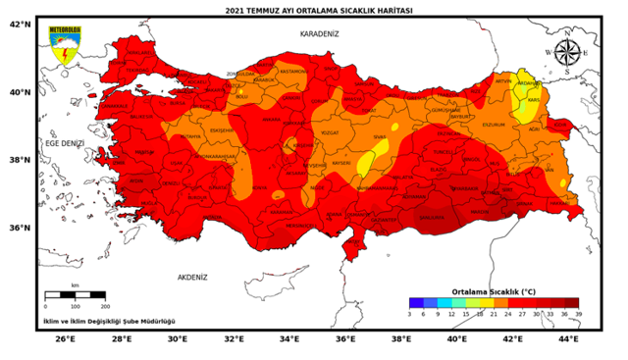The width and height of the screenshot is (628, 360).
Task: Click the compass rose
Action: coord(566,51)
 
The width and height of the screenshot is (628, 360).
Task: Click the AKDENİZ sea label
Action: coord(192,278)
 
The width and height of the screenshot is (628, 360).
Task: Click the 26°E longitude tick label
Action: coord(65,339)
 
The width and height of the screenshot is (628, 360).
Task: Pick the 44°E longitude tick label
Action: coord(568,339)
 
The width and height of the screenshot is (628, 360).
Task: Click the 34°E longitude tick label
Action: coord(289,339)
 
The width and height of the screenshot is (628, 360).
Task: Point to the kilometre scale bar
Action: coord(76,294)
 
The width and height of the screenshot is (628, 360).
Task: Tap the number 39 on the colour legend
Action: coord(579,314)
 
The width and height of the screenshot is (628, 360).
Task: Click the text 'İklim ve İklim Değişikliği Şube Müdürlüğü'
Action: coord(108,321)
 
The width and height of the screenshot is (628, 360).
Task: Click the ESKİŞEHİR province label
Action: coord(222,129)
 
